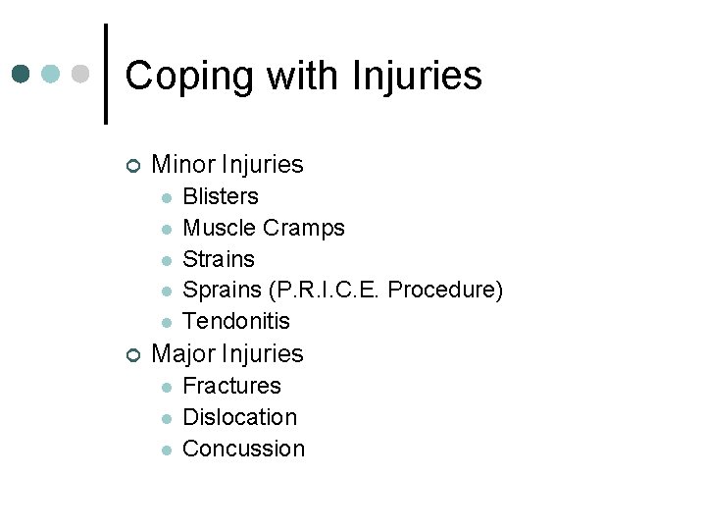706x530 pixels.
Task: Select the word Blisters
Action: [x=221, y=196]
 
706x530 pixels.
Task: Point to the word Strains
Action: [x=219, y=259]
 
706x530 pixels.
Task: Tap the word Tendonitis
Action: [x=236, y=321]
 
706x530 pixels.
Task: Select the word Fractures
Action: [x=231, y=386]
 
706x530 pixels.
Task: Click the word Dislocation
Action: [x=240, y=417]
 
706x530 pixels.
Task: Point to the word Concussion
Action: [x=244, y=449]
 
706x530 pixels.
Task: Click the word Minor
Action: [x=183, y=164]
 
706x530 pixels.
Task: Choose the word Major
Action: [x=183, y=353]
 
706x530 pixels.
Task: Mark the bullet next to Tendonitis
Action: [x=167, y=322]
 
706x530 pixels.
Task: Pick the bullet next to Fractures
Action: [x=167, y=387]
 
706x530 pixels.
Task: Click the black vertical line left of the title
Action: [x=105, y=74]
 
